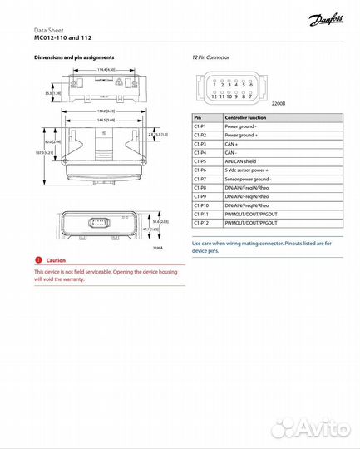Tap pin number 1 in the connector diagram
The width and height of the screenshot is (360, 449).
(x=214, y=85)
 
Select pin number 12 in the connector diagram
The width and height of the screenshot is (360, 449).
(x=214, y=96)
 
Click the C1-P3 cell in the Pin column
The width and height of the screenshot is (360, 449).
(x=200, y=144)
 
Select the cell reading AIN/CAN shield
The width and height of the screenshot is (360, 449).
(x=244, y=161)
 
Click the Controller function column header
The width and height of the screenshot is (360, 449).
(x=245, y=118)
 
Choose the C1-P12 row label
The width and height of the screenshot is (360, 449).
(x=202, y=222)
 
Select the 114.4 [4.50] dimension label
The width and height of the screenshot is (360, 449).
(x=105, y=70)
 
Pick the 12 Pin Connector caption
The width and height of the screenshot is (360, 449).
(x=210, y=58)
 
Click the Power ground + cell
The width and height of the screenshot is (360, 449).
(x=242, y=136)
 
